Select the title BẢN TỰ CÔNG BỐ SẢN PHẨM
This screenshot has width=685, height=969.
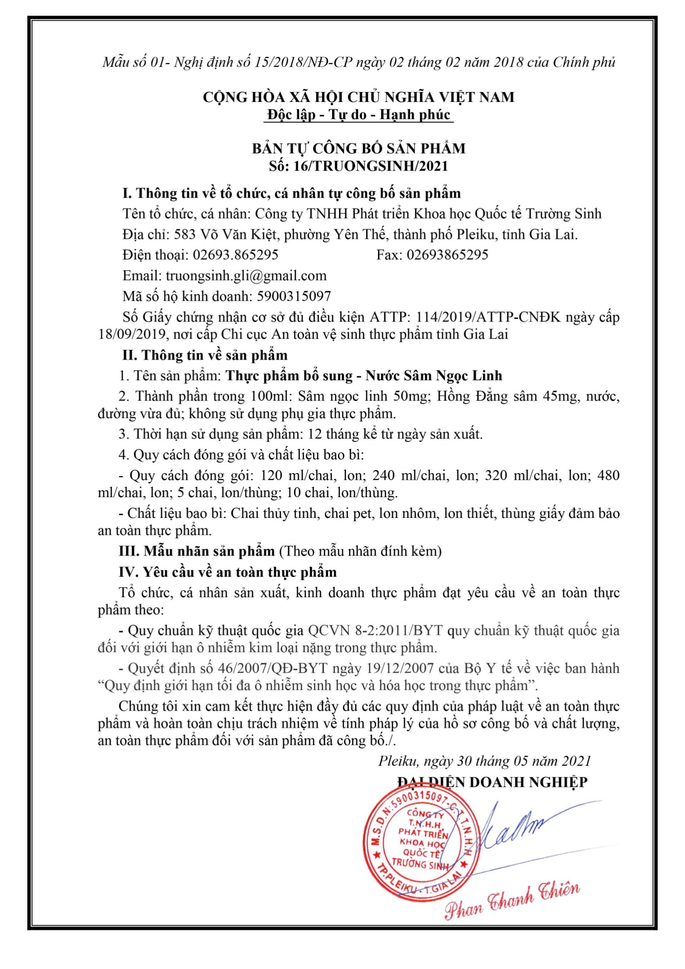tap(359, 148)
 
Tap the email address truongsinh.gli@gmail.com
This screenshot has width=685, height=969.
tap(246, 275)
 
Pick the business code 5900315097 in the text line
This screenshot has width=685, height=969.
tap(294, 296)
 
